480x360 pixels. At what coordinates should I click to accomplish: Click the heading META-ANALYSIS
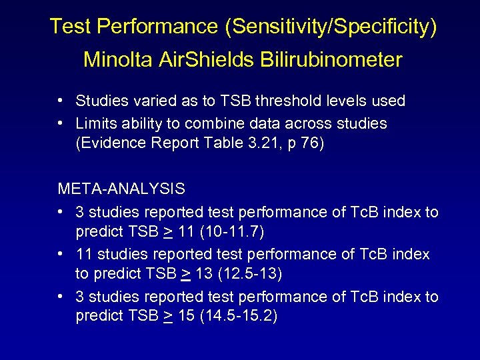tap(121, 189)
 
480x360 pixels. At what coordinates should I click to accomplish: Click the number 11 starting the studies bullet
tap(84, 254)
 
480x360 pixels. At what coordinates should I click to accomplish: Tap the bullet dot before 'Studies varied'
tap(61, 101)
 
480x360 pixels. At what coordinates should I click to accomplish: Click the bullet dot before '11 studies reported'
tap(61, 254)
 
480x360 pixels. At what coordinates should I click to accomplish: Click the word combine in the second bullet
tap(214, 123)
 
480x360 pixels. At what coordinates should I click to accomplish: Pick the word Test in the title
tap(70, 27)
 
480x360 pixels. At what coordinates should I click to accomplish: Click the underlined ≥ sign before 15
tap(168, 317)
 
